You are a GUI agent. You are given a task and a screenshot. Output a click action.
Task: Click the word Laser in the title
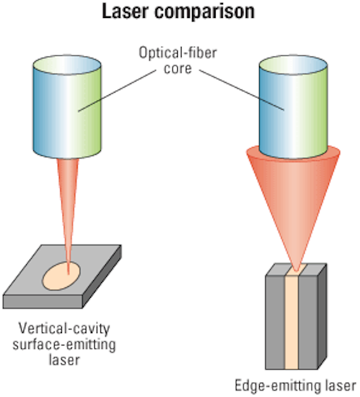pyautogui.click(x=125, y=11)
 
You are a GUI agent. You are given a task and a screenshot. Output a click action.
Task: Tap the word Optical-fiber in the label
pyautogui.click(x=178, y=53)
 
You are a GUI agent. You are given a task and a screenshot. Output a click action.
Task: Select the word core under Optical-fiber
pyautogui.click(x=178, y=68)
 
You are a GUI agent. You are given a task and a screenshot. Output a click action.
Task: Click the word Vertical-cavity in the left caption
pyautogui.click(x=64, y=329)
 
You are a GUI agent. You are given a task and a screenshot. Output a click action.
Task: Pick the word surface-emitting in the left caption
pyautogui.click(x=64, y=344)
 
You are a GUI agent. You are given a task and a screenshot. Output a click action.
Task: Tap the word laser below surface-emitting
pyautogui.click(x=64, y=360)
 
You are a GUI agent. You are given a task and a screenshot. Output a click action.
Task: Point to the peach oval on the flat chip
pyautogui.click(x=61, y=276)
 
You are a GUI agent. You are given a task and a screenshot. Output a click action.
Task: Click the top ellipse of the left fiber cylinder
pyautogui.click(x=67, y=65)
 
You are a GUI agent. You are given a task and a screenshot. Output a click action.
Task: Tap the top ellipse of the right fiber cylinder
pyautogui.click(x=294, y=65)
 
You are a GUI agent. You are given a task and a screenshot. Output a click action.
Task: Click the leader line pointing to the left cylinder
pyautogui.click(x=117, y=91)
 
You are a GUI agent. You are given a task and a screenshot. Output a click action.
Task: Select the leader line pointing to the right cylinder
pyautogui.click(x=242, y=90)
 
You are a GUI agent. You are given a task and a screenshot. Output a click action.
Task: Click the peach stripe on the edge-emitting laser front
pyautogui.click(x=292, y=322)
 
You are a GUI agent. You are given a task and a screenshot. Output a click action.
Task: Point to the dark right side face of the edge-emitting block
pyautogui.click(x=322, y=316)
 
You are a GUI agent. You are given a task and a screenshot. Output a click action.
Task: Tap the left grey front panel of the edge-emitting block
pyautogui.click(x=275, y=322)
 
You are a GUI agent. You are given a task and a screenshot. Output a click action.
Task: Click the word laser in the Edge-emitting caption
pyautogui.click(x=341, y=386)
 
